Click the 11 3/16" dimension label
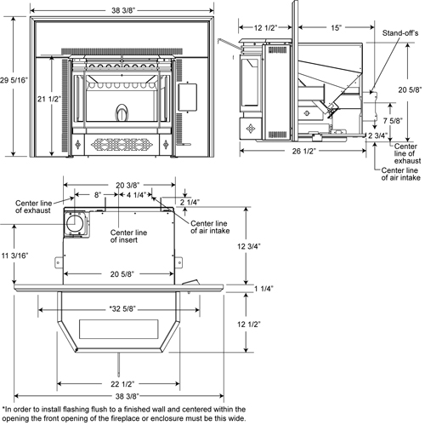coord(16,255)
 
